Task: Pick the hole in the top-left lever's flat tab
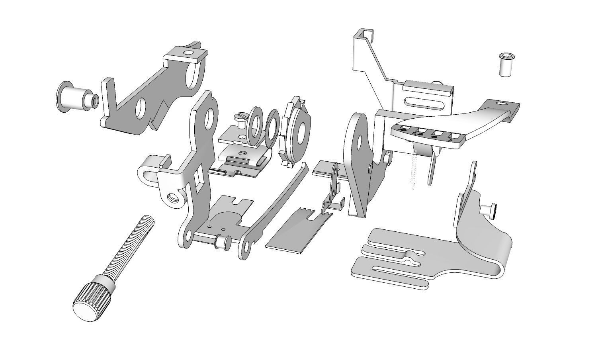click(x=188, y=53)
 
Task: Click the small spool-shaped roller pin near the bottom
click(x=221, y=242)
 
